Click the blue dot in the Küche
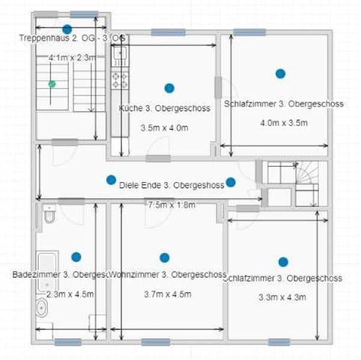point(169,88)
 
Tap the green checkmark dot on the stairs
point(52,84)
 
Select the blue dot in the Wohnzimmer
point(165,258)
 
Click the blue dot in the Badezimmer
point(76,257)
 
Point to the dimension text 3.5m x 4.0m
point(165,128)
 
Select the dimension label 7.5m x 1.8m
point(172,204)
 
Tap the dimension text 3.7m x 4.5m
point(168,294)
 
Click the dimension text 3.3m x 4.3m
point(282,297)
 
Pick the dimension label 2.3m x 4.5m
point(70,294)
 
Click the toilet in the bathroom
point(49,213)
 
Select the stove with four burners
point(119,81)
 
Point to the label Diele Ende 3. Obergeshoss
point(172,185)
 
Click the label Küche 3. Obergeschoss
point(165,109)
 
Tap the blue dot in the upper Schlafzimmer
point(280,74)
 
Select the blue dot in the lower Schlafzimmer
point(283,262)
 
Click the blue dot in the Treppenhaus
point(67,29)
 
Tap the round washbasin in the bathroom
point(42,308)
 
